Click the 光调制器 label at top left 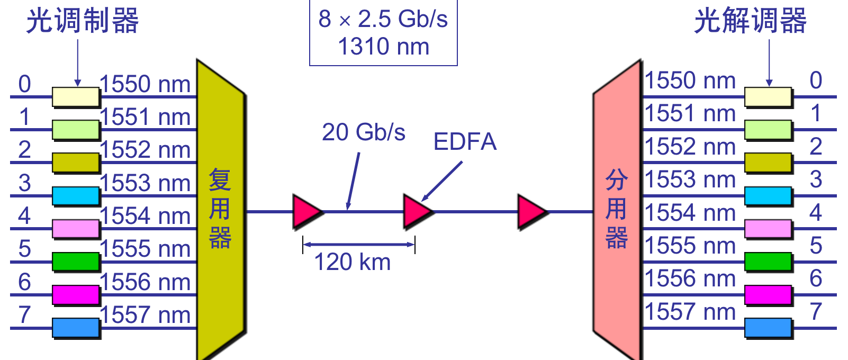[83, 21]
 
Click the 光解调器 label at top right [750, 21]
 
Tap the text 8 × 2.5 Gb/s [383, 20]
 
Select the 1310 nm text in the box [383, 47]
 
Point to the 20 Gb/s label [364, 132]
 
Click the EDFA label [465, 142]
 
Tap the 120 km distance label [353, 262]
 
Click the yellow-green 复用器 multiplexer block [220, 212]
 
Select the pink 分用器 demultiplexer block [617, 212]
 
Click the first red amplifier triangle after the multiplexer [306, 212]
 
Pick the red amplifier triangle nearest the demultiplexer [531, 212]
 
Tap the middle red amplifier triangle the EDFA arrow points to [417, 212]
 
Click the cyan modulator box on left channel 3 [76, 196]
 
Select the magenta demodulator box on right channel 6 [768, 295]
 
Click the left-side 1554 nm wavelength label [145, 216]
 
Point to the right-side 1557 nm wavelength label [690, 312]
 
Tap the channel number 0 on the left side [24, 84]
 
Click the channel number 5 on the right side [816, 246]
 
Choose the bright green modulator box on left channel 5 [76, 262]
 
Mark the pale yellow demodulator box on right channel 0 [768, 97]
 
